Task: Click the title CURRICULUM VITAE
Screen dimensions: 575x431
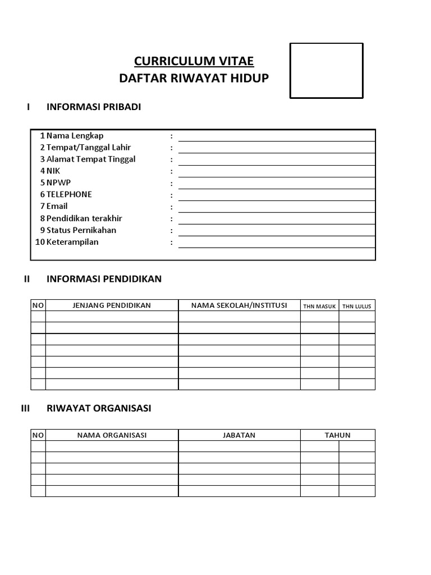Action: tap(194, 61)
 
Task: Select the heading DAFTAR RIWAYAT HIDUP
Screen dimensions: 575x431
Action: tap(194, 78)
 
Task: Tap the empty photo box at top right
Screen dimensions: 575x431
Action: tap(326, 71)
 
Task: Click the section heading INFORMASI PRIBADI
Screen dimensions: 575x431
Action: tap(94, 107)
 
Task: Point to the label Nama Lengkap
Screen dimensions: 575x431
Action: tap(75, 135)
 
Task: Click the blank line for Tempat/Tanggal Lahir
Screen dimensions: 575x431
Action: tap(277, 148)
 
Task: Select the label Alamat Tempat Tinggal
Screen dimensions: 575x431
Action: tap(90, 159)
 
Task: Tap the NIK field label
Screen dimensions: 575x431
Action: tap(53, 171)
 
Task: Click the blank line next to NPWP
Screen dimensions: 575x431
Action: tap(277, 183)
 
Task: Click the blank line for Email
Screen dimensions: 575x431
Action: tap(277, 207)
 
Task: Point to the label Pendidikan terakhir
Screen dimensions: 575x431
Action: tap(84, 218)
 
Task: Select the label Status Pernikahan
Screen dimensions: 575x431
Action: tap(81, 230)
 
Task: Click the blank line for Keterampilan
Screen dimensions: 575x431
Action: tap(277, 242)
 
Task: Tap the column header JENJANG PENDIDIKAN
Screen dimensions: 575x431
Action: tap(112, 305)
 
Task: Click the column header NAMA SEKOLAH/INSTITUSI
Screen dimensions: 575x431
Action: tap(239, 305)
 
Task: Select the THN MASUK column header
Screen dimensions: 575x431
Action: tap(319, 306)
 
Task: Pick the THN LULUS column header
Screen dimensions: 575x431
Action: tap(357, 306)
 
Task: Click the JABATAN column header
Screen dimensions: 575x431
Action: tap(239, 435)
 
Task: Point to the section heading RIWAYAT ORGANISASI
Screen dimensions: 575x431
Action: tap(99, 408)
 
